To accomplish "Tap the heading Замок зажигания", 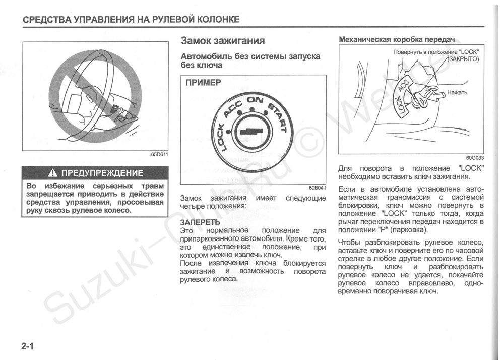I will pyautogui.click(x=222, y=40).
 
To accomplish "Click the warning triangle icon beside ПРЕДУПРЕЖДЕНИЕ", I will pyautogui.click(x=52, y=173).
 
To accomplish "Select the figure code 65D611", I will pyautogui.click(x=160, y=155).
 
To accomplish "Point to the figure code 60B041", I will pyautogui.click(x=318, y=188).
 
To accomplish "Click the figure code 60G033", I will pyautogui.click(x=475, y=157).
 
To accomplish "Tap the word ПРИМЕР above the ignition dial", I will pyautogui.click(x=203, y=83).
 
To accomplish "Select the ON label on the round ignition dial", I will pyautogui.click(x=255, y=100).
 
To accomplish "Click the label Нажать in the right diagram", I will pyautogui.click(x=457, y=93).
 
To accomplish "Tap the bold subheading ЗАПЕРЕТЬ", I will pyautogui.click(x=200, y=222).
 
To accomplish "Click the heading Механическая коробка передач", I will pyautogui.click(x=397, y=39).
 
